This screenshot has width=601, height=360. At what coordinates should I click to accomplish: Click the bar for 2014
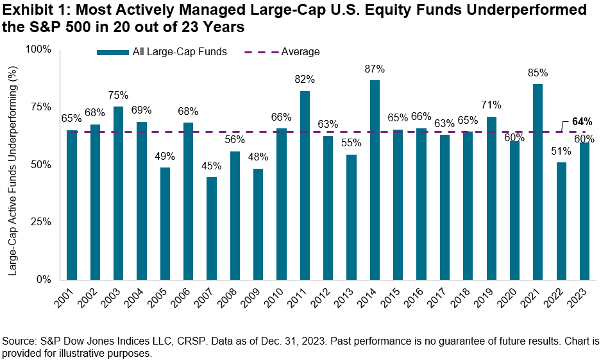tap(375, 180)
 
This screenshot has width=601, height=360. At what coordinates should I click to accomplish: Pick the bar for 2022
tap(561, 221)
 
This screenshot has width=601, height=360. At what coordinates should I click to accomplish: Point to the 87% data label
tap(375, 69)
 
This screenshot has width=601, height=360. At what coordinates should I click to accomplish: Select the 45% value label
tap(212, 166)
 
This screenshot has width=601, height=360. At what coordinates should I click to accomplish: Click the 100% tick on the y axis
tap(38, 49)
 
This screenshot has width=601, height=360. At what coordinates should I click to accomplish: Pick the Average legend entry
tap(300, 52)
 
